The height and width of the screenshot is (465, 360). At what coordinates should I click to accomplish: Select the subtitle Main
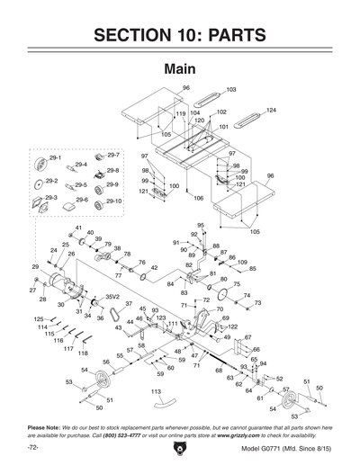[x=179, y=69]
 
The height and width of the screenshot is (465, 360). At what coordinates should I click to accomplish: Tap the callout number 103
[x=230, y=90]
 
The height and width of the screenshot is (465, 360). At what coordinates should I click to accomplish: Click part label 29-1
[x=54, y=157]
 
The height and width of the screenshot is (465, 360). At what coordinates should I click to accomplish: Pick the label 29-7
[x=113, y=155]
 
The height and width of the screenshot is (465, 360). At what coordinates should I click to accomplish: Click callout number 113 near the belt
[x=156, y=392]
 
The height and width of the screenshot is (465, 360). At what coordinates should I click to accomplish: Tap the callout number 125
[x=39, y=319]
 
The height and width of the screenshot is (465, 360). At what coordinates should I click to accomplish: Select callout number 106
[x=198, y=198]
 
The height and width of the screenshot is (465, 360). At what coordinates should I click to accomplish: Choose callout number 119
[x=180, y=114]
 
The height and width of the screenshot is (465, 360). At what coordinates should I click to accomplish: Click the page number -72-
[x=32, y=447]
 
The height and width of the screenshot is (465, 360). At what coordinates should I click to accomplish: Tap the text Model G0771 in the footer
[x=264, y=447]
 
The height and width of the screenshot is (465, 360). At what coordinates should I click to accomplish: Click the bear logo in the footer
[x=179, y=446]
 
